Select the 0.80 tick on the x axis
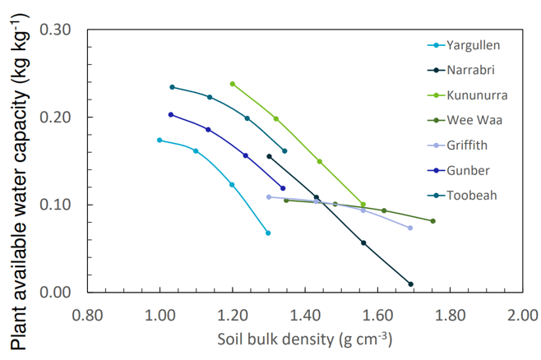point(87,315)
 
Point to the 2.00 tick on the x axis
point(522,315)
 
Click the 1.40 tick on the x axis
point(305,315)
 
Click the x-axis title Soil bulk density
point(304,339)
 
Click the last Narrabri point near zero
point(410,284)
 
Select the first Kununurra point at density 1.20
point(233,84)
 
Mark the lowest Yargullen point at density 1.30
point(268,233)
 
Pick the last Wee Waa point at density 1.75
point(432,221)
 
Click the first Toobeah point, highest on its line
point(172,87)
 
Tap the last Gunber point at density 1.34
point(283,188)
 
